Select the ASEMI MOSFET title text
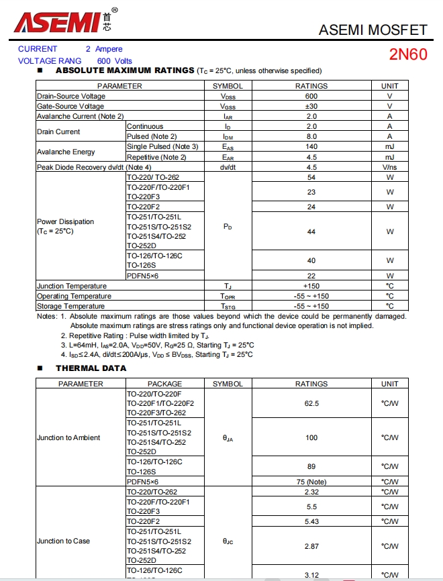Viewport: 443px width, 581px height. click(x=373, y=30)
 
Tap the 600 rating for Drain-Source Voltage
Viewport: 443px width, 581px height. click(x=311, y=96)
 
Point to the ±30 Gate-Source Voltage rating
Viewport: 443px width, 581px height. click(x=311, y=106)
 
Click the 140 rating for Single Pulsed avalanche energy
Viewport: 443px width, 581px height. click(x=311, y=146)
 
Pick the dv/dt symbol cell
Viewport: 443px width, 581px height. click(x=228, y=167)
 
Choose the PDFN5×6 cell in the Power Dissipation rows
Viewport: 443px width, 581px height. click(x=143, y=276)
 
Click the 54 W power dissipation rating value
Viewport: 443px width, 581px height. click(x=311, y=177)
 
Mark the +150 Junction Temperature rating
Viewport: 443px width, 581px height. click(x=311, y=286)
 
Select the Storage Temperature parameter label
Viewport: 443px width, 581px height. click(x=70, y=306)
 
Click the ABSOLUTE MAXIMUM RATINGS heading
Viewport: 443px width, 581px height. click(x=125, y=70)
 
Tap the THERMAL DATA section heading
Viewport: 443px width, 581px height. click(x=91, y=368)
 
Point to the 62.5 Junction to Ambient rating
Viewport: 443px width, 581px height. click(x=311, y=403)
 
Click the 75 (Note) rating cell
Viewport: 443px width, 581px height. click(x=311, y=482)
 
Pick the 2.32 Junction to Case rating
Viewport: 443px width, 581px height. click(x=311, y=492)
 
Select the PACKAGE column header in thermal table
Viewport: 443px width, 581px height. click(x=164, y=384)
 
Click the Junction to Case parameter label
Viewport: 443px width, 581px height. click(x=63, y=541)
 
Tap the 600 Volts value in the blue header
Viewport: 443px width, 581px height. click(x=115, y=60)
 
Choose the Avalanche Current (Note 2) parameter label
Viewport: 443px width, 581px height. click(x=80, y=116)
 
